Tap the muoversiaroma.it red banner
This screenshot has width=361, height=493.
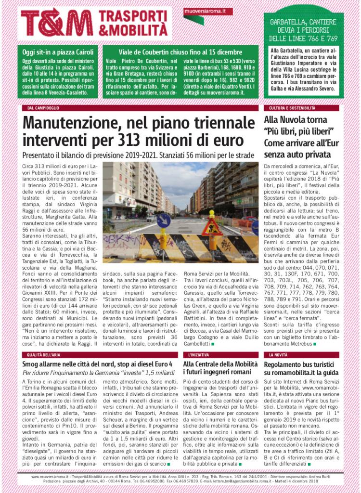[x=208, y=12]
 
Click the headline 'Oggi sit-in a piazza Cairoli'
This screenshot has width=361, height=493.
[x=58, y=52]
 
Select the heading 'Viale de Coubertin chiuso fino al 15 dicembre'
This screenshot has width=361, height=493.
[x=180, y=52]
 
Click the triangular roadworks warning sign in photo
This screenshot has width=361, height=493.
[x=212, y=227]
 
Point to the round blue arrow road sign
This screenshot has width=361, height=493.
[x=164, y=221]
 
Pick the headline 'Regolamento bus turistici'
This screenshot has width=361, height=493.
[x=301, y=364]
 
